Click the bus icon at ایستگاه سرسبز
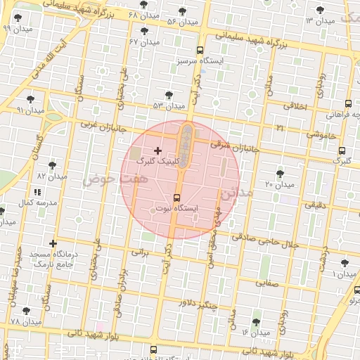[x=200, y=50]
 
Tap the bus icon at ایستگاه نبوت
[x=176, y=198]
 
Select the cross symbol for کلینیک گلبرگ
[x=157, y=150]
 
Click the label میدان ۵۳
[x=169, y=105]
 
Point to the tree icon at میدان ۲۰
[x=280, y=172]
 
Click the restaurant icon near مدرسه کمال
[x=37, y=191]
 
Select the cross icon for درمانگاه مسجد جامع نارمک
[x=52, y=243]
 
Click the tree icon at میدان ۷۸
[x=27, y=310]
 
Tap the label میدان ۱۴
[x=255, y=332]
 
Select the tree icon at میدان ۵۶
[x=184, y=11]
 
